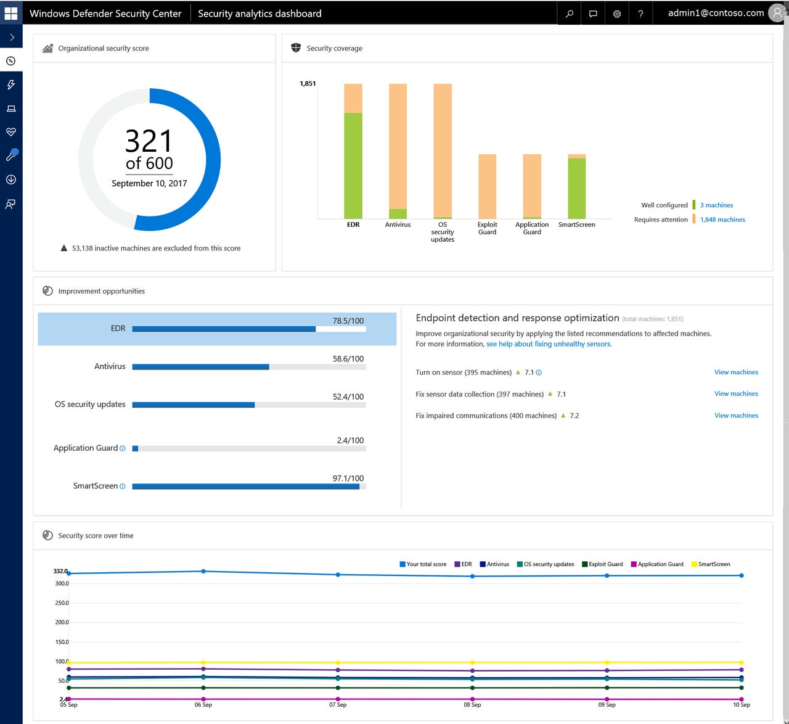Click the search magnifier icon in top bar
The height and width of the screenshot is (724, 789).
(x=570, y=14)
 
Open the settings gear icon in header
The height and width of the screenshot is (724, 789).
(x=616, y=14)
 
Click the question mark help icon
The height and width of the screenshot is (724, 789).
(x=640, y=14)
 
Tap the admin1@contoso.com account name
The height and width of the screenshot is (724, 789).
(x=716, y=13)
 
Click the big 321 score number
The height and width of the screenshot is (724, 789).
(x=149, y=141)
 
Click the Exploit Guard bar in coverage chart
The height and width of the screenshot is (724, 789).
(x=487, y=186)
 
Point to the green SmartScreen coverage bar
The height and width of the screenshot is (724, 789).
(x=576, y=188)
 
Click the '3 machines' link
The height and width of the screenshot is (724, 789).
(x=716, y=205)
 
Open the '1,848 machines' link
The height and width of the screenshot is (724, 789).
(x=722, y=220)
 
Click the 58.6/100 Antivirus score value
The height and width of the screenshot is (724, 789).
(x=348, y=359)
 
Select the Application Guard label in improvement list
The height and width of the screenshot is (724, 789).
(x=85, y=448)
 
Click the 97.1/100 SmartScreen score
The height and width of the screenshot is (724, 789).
(x=348, y=479)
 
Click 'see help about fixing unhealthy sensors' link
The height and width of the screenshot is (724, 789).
(x=548, y=344)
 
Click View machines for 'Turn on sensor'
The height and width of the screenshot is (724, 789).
(x=736, y=372)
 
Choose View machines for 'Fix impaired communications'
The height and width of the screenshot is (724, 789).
(x=736, y=416)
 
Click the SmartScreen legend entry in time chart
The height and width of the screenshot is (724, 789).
(x=713, y=564)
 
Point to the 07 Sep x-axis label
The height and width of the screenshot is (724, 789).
(x=338, y=705)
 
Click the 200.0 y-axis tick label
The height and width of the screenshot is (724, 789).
(x=62, y=622)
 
